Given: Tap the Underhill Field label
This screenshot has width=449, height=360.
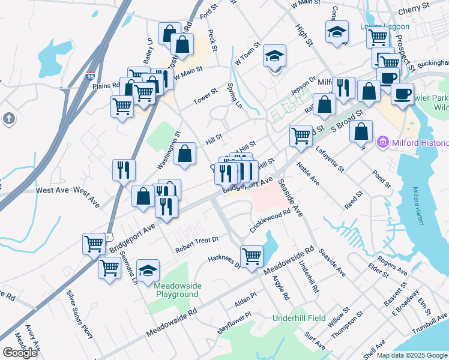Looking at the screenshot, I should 299,318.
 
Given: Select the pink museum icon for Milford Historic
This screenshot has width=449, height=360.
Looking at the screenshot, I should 382,143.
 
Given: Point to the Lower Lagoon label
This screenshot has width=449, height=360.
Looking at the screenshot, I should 384,26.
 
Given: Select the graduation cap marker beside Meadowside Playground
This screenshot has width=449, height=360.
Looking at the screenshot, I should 148,271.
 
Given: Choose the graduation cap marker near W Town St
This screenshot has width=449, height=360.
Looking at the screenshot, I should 275,56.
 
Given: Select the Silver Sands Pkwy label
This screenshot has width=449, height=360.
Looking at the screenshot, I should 80,313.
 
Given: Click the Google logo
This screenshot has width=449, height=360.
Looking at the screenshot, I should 20,353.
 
